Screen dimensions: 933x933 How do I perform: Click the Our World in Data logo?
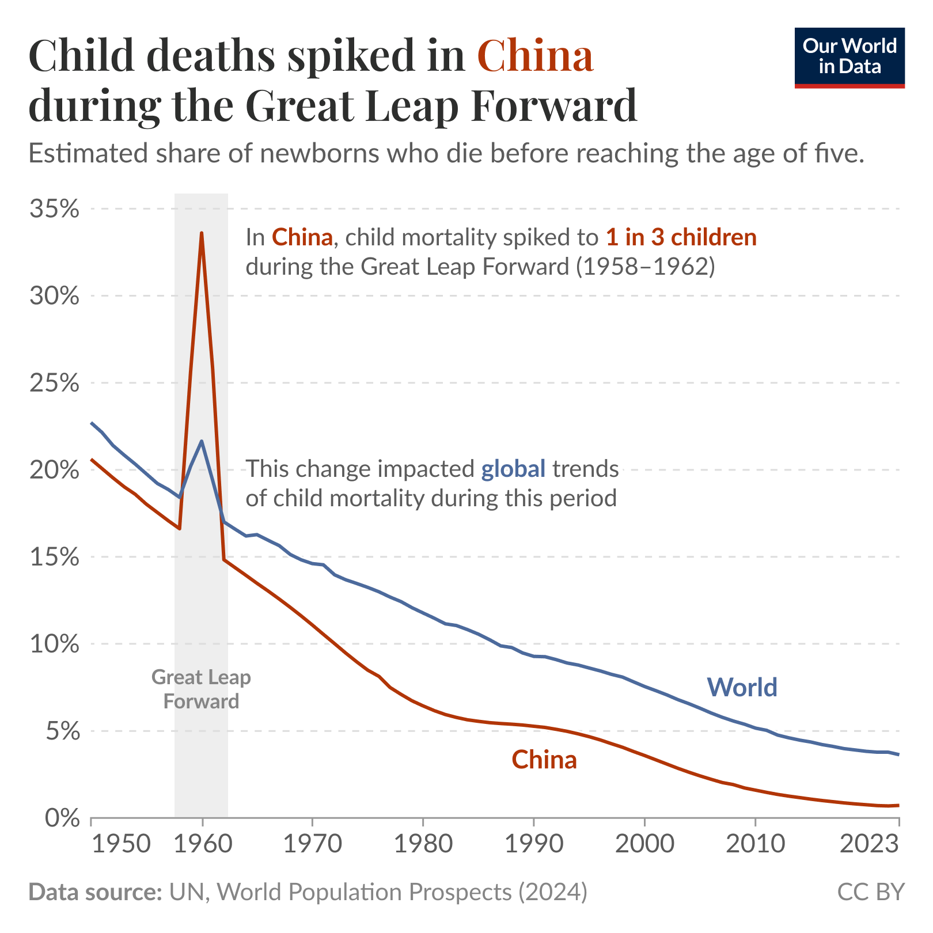tap(849, 58)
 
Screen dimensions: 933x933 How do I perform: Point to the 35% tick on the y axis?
tap(54, 209)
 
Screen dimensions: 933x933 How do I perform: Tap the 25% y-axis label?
tap(54, 383)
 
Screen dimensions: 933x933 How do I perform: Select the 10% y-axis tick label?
tap(54, 644)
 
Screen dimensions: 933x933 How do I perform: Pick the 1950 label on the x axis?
tap(121, 845)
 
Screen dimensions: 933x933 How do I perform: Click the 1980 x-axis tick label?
tap(423, 845)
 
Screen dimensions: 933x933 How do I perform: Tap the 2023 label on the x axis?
tap(870, 845)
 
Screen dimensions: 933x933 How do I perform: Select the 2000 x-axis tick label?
tap(644, 845)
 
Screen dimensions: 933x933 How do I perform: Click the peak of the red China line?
tap(202, 233)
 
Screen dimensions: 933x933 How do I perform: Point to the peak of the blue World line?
tap(202, 441)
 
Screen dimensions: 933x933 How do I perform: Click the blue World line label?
tap(742, 687)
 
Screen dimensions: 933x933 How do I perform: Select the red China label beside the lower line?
tap(544, 760)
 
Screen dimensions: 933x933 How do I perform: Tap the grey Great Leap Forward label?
tap(201, 689)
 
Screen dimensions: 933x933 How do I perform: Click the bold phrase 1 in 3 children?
tap(681, 237)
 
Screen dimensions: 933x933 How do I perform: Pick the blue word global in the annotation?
tap(513, 469)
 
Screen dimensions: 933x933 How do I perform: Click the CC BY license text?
tap(871, 892)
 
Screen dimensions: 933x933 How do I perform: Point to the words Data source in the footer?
tap(95, 892)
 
